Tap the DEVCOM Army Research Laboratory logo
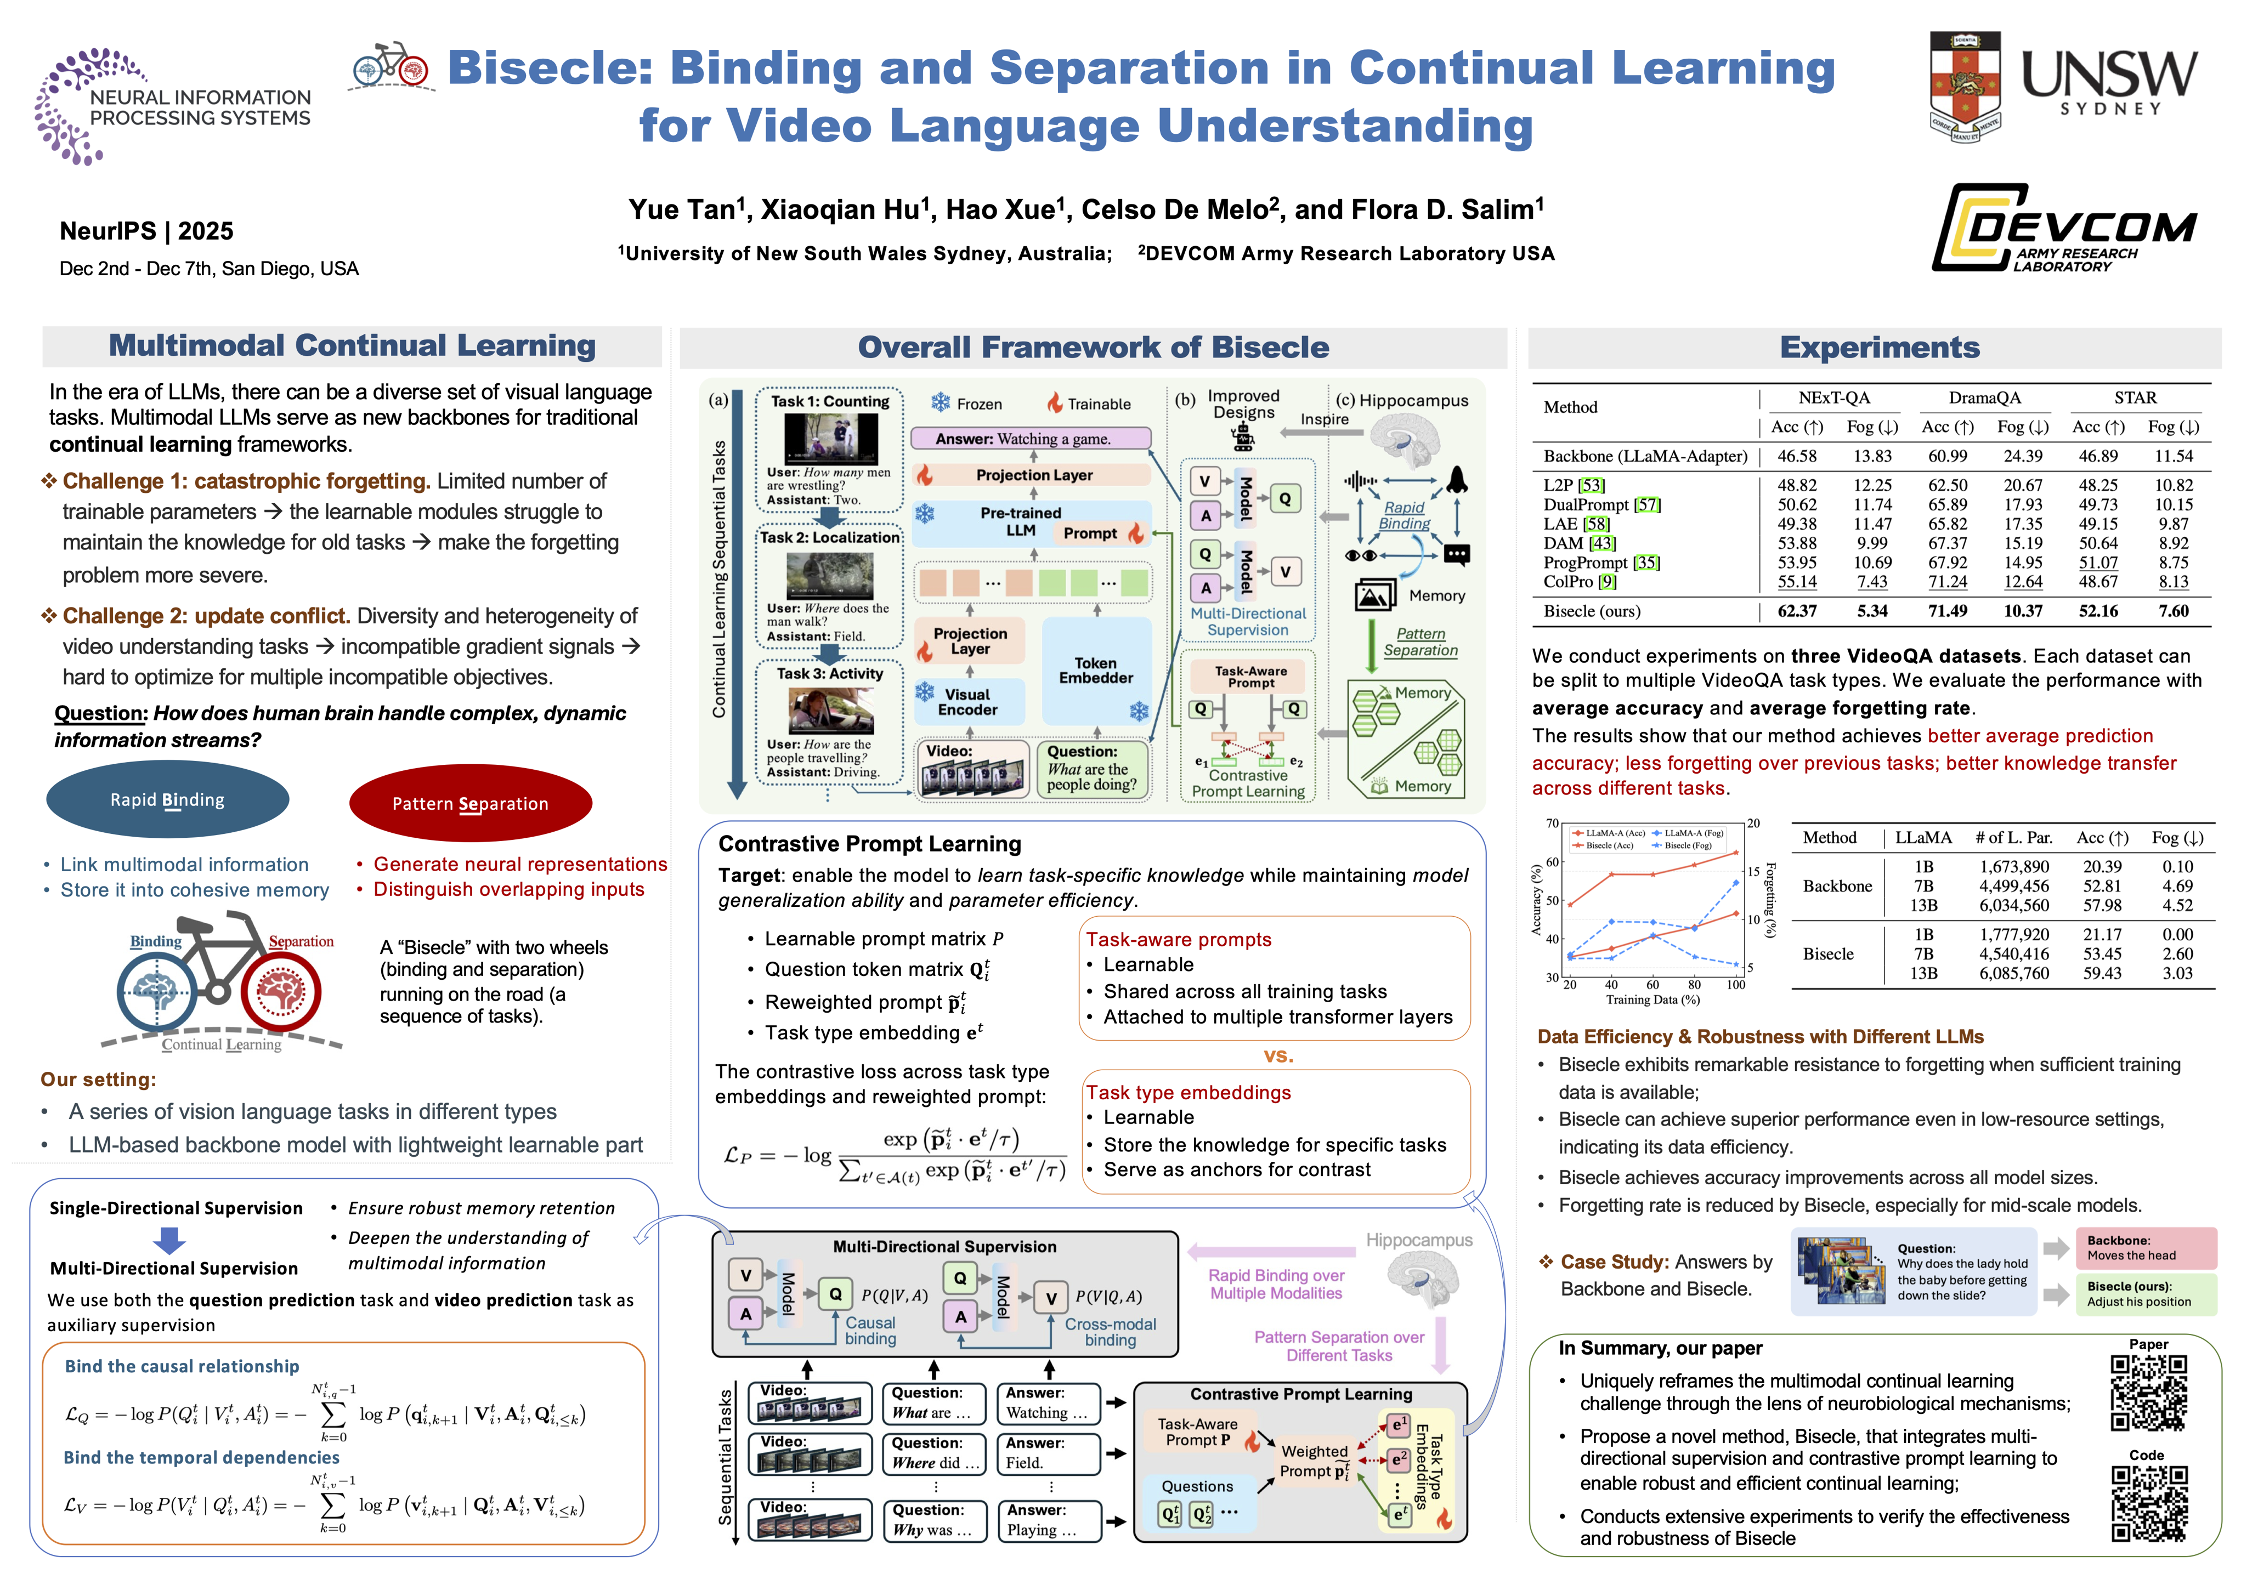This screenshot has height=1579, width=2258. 2063,228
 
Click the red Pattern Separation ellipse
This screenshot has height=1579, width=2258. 470,803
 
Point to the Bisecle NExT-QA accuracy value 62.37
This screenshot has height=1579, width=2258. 1797,611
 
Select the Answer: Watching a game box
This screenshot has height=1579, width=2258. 1029,439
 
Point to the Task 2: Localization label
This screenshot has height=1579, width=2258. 829,537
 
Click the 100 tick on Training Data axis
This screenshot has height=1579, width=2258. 1736,984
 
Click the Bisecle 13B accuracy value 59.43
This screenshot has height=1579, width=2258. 2102,973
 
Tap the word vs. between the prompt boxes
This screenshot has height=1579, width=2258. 1277,1056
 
